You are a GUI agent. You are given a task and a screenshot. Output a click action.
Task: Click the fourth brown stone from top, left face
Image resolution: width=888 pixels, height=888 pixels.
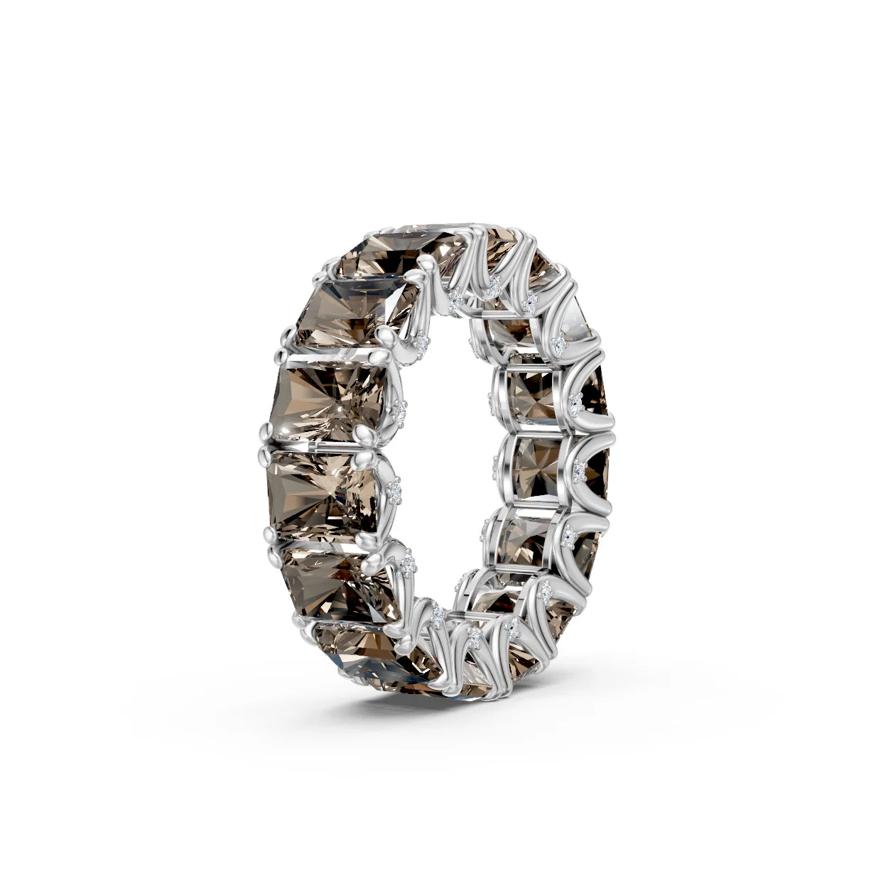(x=323, y=490)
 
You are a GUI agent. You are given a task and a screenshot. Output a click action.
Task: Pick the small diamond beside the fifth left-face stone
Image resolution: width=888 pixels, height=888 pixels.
(x=409, y=564)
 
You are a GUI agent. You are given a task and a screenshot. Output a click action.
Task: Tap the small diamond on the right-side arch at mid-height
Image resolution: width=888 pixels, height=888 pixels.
(x=580, y=470)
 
